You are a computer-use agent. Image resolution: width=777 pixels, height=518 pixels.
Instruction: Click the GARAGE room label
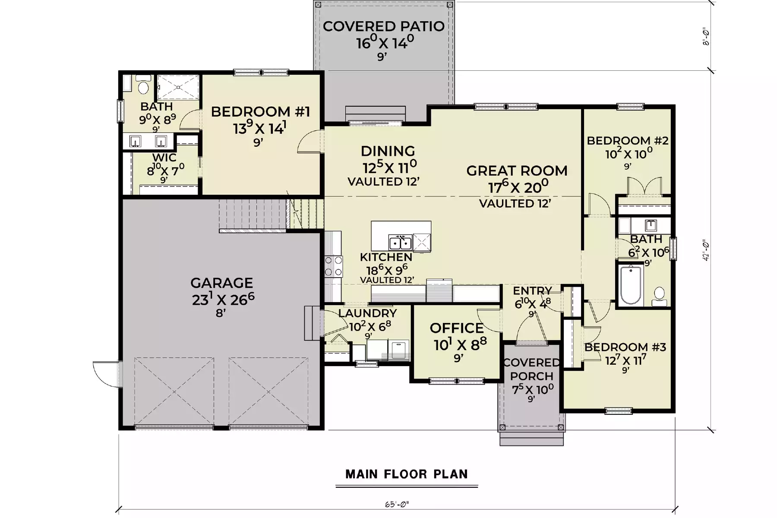[221, 283]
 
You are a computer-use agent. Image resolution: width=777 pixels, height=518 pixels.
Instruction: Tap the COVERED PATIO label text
[383, 26]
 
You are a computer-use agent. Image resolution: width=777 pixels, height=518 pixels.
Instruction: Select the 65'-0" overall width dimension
[397, 504]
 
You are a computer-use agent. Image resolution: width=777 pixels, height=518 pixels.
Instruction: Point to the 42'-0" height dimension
[706, 250]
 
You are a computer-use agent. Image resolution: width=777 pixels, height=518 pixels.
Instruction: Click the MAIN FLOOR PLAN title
[407, 474]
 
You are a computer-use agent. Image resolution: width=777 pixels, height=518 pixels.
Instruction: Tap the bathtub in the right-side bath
[631, 285]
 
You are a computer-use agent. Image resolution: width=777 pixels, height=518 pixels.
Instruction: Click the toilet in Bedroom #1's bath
[143, 85]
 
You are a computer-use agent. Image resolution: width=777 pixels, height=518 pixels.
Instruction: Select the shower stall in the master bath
[178, 88]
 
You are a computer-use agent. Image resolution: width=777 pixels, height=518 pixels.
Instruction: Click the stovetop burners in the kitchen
[333, 266]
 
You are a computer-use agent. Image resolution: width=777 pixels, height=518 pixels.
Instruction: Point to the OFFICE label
[457, 328]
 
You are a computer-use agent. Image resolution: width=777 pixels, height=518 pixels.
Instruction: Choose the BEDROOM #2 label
[628, 141]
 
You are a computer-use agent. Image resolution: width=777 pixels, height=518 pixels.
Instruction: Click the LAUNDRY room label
[367, 313]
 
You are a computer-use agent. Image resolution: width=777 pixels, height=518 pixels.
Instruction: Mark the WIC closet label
[164, 158]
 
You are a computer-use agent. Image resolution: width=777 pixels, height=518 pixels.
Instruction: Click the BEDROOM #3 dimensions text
[625, 360]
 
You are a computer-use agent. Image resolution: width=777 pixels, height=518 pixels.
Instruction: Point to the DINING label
[388, 151]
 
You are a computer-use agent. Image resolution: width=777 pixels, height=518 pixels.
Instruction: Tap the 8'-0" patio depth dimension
[706, 37]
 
